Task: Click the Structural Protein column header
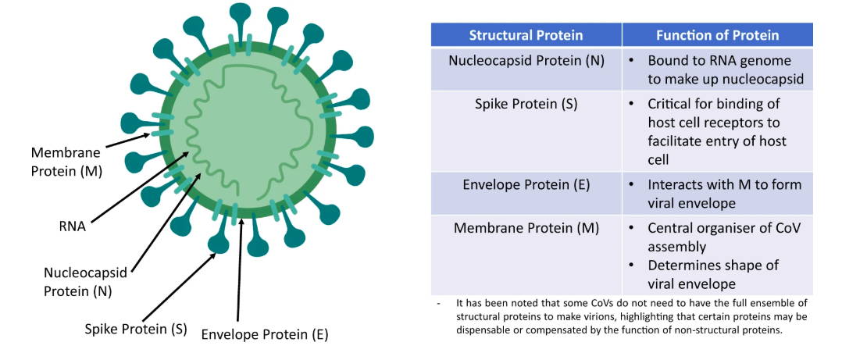coord(526,35)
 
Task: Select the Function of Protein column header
coord(717,35)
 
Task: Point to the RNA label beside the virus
coord(73,226)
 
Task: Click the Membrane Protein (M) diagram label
coord(66,162)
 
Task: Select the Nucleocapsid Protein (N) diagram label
coord(85,282)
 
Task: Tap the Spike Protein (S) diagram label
coord(136,328)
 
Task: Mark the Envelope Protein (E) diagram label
coord(264,335)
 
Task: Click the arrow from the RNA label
coord(140,187)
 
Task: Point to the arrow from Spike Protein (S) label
coord(179,287)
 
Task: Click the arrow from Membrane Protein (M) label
coord(128,140)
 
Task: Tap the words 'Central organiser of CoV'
coord(724,228)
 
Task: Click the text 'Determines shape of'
coord(713,266)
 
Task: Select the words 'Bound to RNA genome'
coord(719,61)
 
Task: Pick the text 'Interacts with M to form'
coord(724,185)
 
